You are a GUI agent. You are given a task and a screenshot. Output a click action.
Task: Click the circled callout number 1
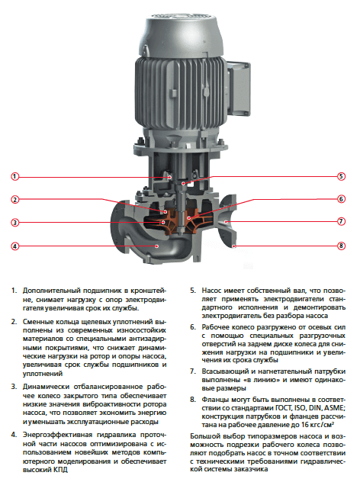click(x=14, y=176)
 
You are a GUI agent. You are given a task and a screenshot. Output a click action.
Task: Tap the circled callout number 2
click(x=14, y=200)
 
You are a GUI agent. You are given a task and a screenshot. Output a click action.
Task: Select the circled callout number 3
click(x=14, y=223)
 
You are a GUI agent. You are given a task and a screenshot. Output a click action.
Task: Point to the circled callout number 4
click(x=14, y=246)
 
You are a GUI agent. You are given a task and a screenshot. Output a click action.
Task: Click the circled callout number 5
click(x=342, y=176)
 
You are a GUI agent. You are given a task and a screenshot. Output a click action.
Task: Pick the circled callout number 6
click(x=342, y=199)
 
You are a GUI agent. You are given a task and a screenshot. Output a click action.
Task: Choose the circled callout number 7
click(x=342, y=221)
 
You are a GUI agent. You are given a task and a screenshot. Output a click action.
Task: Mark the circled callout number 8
click(x=342, y=246)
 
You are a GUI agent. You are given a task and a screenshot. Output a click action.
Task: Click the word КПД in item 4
click(x=61, y=470)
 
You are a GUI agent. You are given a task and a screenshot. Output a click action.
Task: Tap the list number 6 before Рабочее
click(x=193, y=327)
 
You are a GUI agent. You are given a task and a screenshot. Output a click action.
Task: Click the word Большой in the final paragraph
click(x=203, y=436)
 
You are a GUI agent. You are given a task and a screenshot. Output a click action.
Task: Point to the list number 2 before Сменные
click(x=14, y=322)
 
